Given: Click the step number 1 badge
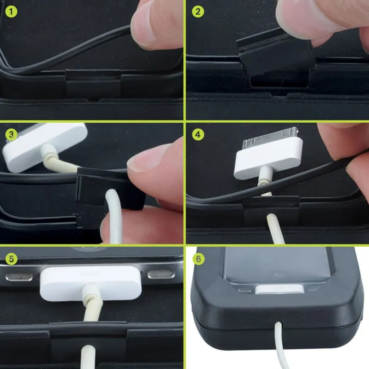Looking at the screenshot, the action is [x=11, y=11].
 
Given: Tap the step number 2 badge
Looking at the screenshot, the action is [x=198, y=11].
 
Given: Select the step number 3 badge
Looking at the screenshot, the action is [x=11, y=134].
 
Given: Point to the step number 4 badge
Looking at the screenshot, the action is [x=198, y=134].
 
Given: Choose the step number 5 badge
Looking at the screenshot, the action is [x=11, y=259].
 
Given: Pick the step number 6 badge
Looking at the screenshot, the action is [x=198, y=259].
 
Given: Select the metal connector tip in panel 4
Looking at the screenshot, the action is [x=271, y=137].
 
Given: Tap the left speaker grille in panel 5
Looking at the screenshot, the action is [x=19, y=277].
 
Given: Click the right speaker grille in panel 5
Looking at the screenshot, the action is [x=161, y=274].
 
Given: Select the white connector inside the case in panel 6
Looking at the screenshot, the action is [x=280, y=289].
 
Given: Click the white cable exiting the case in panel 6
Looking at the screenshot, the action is [x=281, y=346].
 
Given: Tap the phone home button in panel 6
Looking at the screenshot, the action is [x=279, y=274].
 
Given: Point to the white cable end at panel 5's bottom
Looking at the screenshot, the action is [x=88, y=357].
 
